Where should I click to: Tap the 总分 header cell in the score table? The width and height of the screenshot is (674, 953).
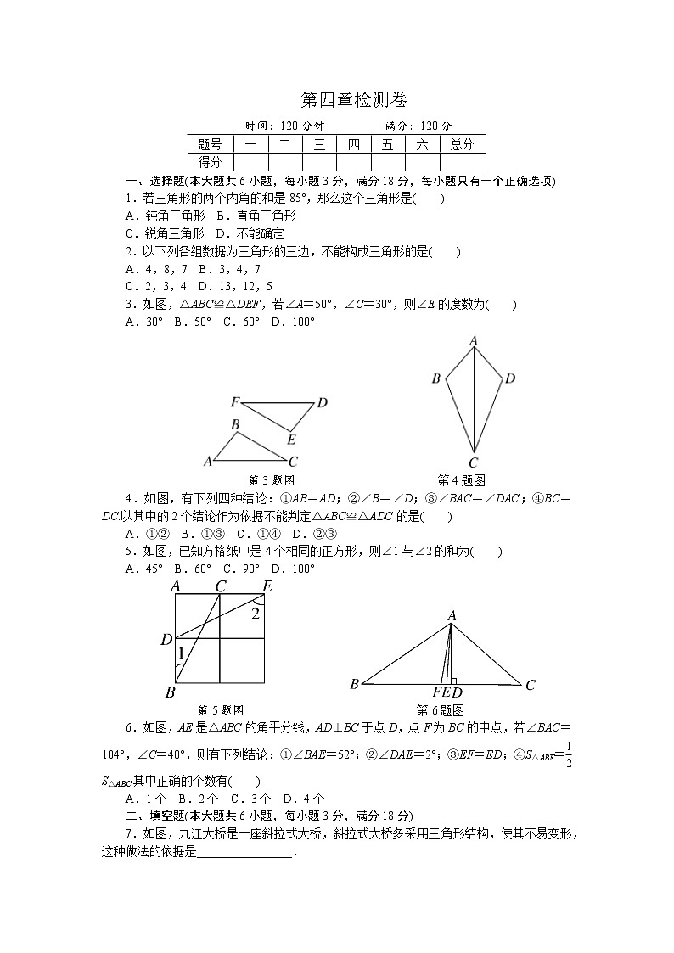[463, 144]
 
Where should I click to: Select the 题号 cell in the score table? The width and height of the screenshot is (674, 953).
[210, 144]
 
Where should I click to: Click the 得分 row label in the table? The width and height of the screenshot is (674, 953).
[210, 161]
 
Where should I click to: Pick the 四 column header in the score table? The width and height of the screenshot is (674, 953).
[353, 144]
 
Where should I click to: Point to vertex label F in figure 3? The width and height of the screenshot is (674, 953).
[234, 401]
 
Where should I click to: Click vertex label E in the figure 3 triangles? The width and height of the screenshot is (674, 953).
[291, 439]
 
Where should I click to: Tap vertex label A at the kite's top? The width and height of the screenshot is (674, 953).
[474, 341]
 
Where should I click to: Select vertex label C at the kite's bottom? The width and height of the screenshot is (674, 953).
[474, 463]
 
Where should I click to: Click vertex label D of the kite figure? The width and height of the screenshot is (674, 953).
[510, 378]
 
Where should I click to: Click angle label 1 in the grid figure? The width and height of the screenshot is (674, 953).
[181, 653]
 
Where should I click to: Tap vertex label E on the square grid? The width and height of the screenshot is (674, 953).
[267, 586]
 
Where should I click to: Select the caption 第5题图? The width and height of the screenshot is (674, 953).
[221, 710]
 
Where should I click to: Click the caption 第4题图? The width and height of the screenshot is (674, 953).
[461, 480]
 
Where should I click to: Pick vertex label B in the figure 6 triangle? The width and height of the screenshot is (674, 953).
[354, 684]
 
